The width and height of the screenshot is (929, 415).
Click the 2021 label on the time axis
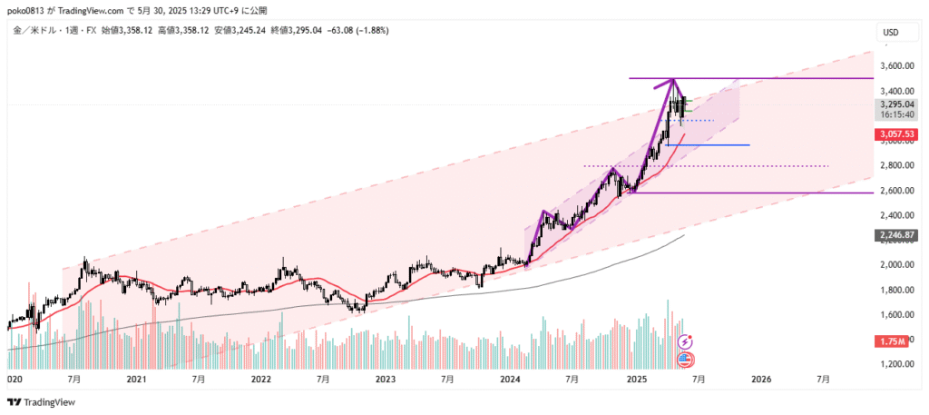136,381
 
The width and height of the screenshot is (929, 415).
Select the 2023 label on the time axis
386,381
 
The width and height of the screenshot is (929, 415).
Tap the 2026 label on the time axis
760,381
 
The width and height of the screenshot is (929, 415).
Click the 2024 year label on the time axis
511,381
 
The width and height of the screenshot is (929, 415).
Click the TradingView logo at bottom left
42,402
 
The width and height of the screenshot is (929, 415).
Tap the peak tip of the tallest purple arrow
673,80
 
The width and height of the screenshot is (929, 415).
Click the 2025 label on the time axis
636,381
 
